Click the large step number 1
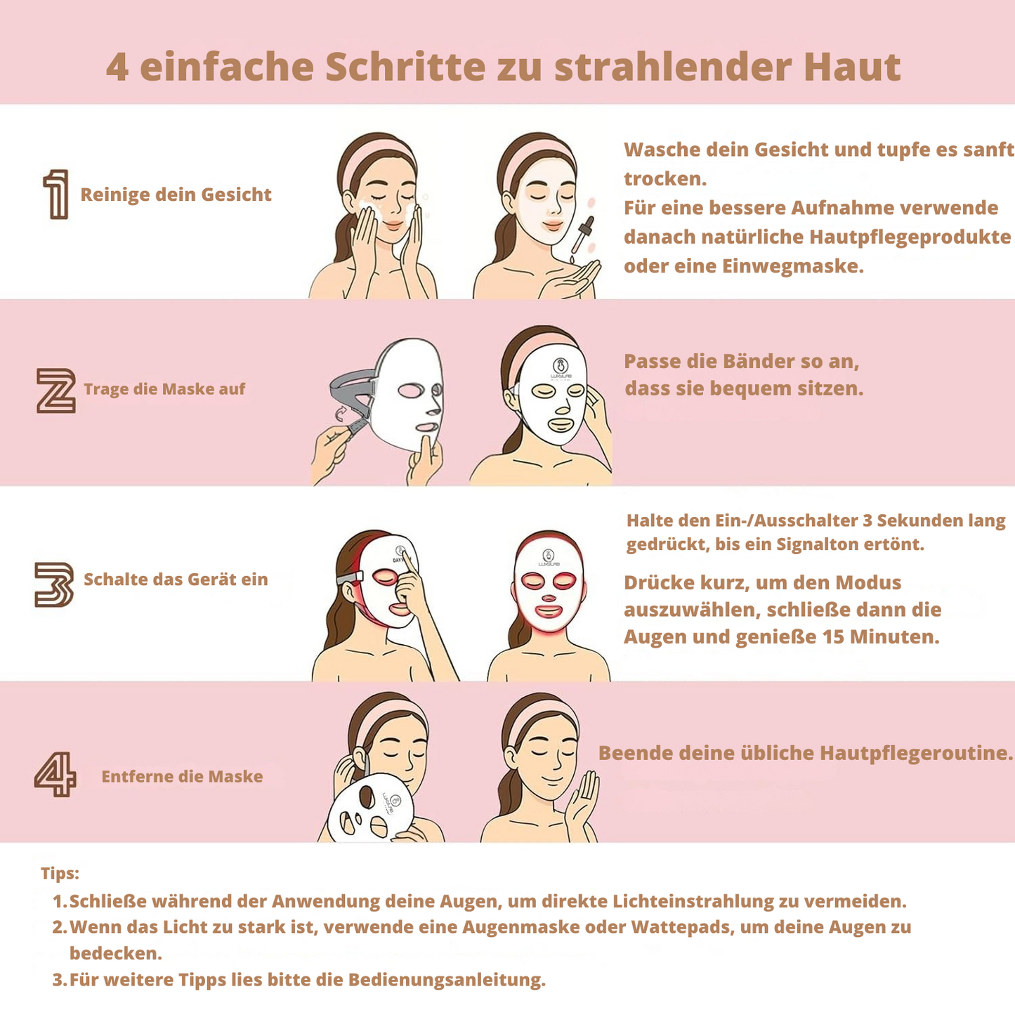(x=57, y=194)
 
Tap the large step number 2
(x=55, y=391)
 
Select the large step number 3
(x=53, y=584)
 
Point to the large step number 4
(x=55, y=774)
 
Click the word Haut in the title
(x=852, y=67)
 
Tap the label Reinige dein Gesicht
(x=176, y=195)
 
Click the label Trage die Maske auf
(x=164, y=388)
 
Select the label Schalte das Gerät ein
(x=176, y=579)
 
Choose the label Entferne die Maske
(x=182, y=776)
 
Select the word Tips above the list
(x=60, y=873)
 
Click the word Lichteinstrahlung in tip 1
(x=693, y=901)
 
